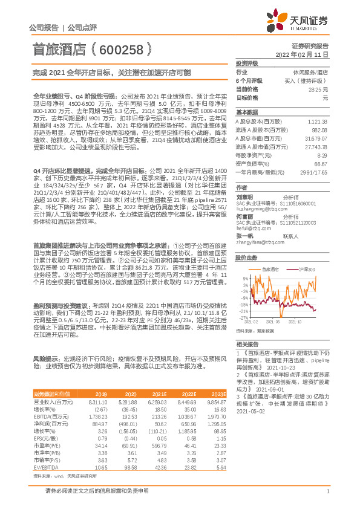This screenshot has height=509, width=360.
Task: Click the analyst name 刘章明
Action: [245, 196]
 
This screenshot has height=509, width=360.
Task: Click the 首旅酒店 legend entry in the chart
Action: [269, 269]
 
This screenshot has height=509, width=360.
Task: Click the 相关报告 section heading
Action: [246, 343]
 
